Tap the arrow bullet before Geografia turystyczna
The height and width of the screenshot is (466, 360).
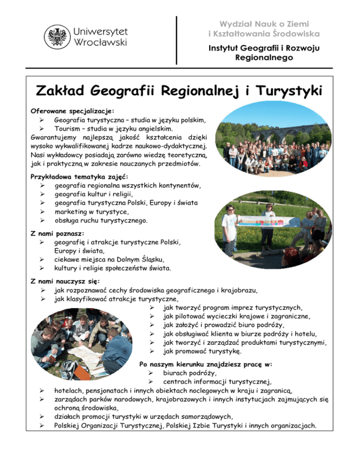[42, 120]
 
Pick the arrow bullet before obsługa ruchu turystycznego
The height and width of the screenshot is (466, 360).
[42, 220]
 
